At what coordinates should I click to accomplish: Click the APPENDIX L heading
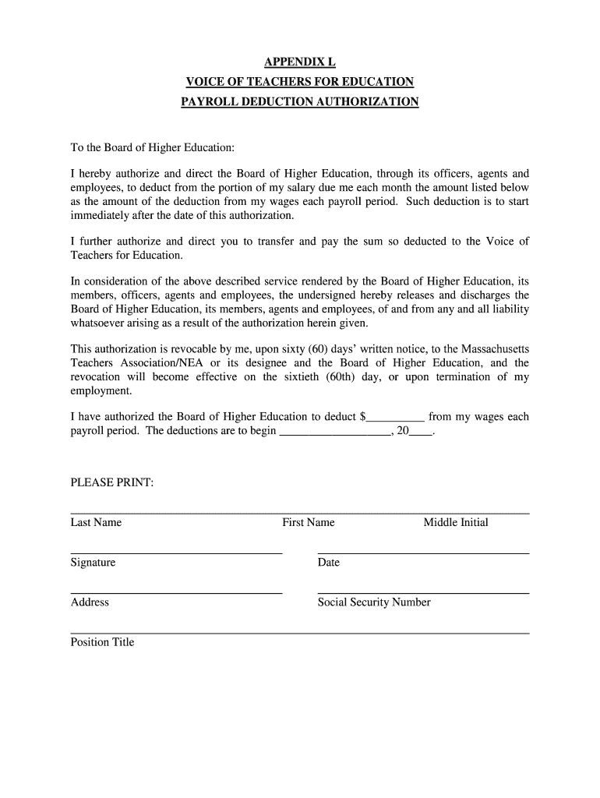pos(300,62)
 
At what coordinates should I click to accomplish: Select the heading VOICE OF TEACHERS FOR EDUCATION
pos(300,82)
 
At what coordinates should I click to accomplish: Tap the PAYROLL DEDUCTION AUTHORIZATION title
pos(300,102)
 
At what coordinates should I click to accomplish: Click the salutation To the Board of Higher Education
pos(153,147)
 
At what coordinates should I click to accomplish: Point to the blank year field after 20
pos(420,431)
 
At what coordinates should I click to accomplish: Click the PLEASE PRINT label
pos(112,483)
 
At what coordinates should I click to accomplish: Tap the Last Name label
pos(96,523)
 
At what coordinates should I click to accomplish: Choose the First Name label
pos(308,523)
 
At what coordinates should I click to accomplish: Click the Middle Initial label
pos(456,523)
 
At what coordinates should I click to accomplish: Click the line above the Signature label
pos(176,553)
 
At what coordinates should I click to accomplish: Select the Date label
pos(329,563)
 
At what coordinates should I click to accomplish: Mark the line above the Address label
pos(176,593)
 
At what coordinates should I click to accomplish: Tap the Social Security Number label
pos(374,602)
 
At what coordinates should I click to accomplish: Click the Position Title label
pos(102,642)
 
